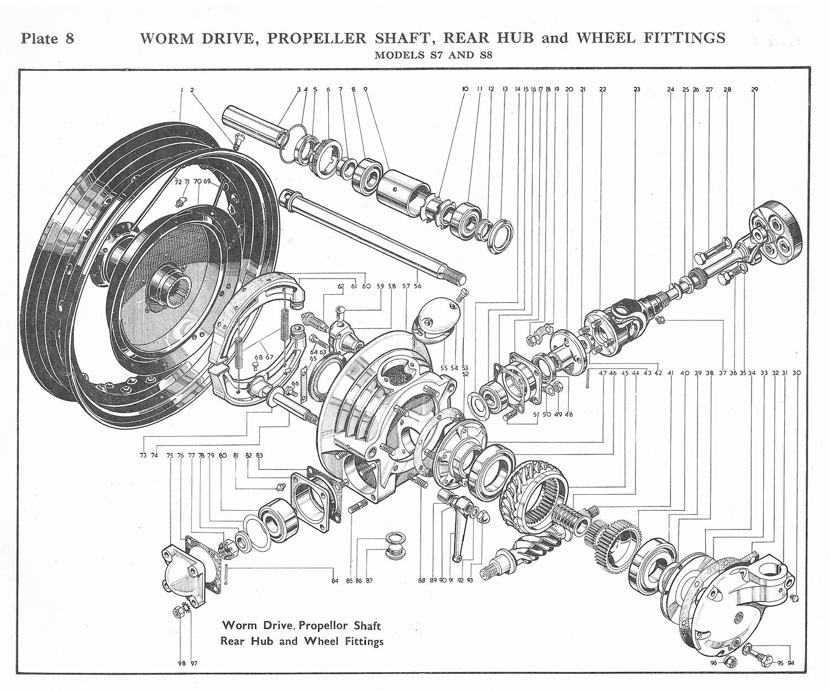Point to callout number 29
coord(754,90)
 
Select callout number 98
coord(182,663)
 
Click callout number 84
coord(334,580)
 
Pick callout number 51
coord(536,414)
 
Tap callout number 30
coord(796,373)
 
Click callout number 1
coord(181,90)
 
